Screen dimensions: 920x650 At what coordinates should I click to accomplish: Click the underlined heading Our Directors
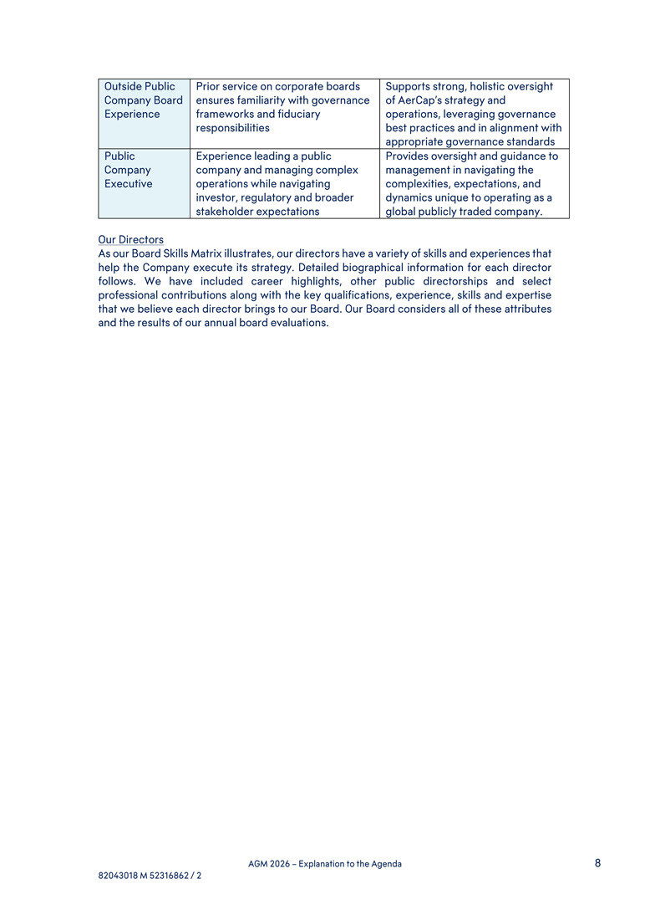(130, 240)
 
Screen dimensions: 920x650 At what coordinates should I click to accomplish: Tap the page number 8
(598, 863)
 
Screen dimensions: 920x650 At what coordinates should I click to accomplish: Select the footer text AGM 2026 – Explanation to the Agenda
(325, 864)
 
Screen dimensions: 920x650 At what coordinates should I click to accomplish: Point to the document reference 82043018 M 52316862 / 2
(150, 876)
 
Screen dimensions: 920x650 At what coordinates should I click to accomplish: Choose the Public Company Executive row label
(129, 170)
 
